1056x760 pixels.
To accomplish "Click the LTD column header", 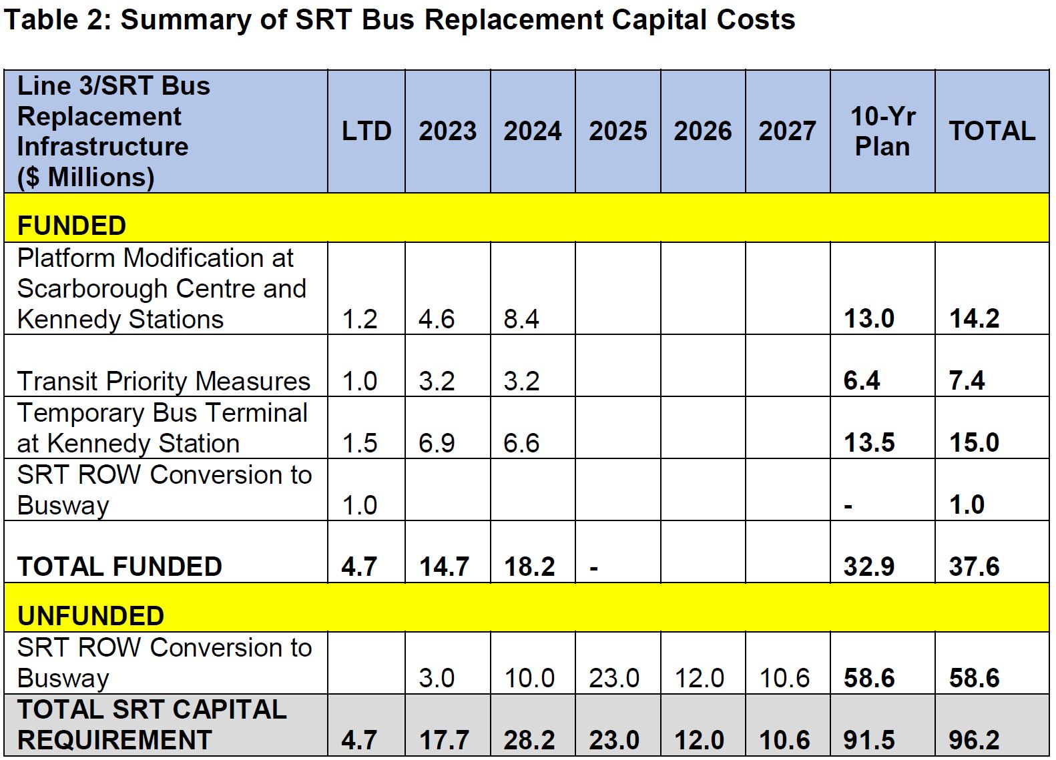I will [x=366, y=131].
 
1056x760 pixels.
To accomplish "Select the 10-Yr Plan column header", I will [x=882, y=131].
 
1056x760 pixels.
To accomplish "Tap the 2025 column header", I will [x=617, y=131].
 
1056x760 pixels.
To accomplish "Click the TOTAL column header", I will [x=992, y=131].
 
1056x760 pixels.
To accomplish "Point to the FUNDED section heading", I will [x=71, y=226].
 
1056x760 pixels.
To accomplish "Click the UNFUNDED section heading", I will [x=91, y=615].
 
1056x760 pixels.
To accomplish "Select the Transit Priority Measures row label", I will [x=164, y=381].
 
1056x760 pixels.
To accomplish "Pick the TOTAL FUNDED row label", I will [x=119, y=566].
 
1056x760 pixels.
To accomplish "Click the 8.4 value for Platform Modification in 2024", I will [x=521, y=319].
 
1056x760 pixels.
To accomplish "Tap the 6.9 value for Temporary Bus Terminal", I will [x=437, y=443].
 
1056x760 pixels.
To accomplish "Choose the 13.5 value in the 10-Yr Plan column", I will [x=869, y=442].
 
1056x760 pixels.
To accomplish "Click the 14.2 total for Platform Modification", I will [x=974, y=318].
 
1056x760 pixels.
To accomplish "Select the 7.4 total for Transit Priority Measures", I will [x=967, y=380].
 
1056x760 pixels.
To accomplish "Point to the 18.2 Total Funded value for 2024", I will [x=529, y=566].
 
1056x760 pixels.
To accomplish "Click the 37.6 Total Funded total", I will [x=974, y=566].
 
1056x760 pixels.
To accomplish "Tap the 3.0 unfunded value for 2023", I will [x=437, y=678].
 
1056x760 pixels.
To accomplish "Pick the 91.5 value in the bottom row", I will [x=869, y=740].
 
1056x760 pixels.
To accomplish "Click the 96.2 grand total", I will [x=974, y=740].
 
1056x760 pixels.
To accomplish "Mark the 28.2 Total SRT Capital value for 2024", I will [x=529, y=740].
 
